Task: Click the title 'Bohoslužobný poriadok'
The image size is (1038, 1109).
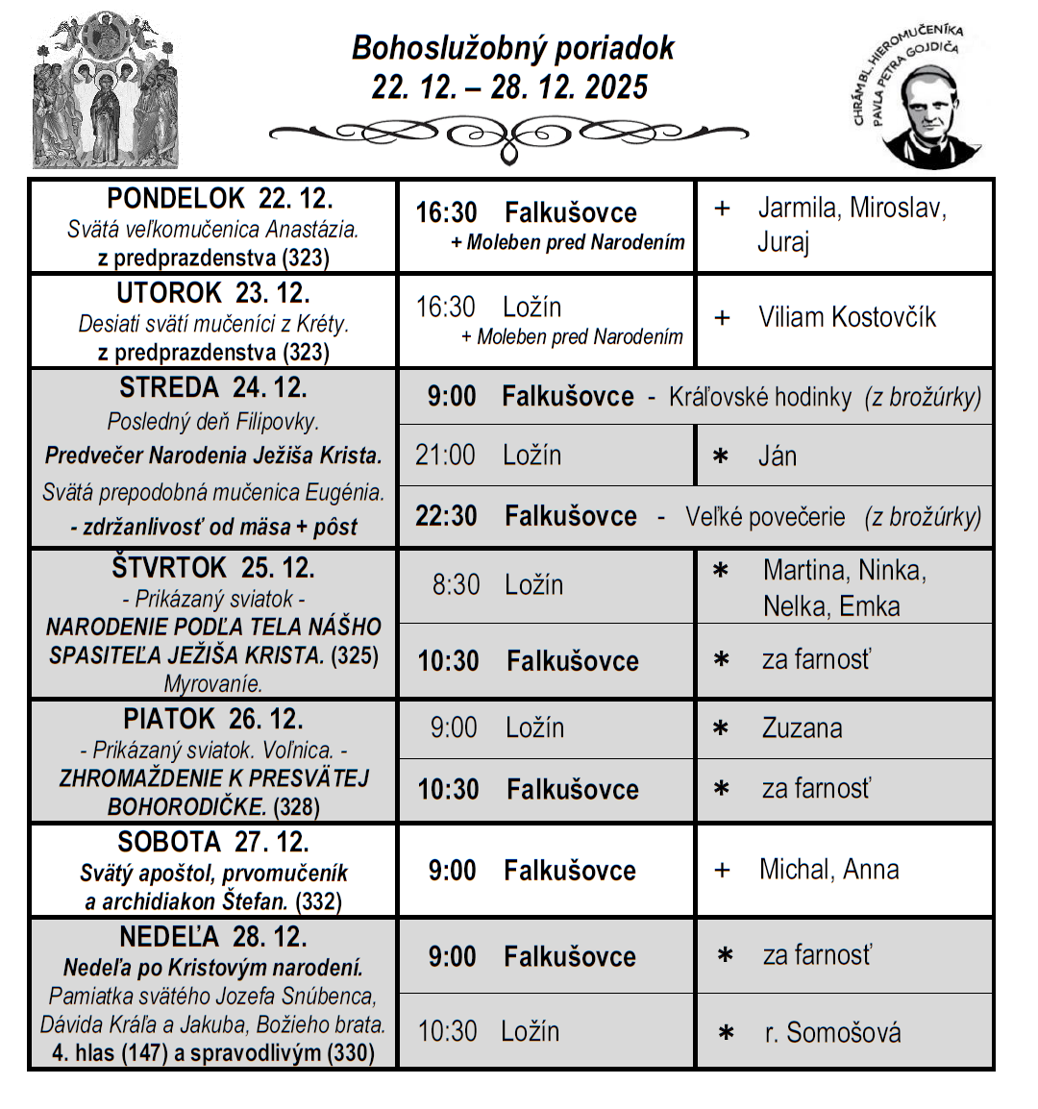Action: coord(512,48)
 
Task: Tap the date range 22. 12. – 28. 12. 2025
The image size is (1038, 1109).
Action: coord(509,87)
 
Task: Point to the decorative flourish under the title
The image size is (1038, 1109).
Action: coord(508,135)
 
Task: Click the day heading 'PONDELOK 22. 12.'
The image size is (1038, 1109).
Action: coord(219,199)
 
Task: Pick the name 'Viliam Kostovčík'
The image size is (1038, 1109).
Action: coord(847,317)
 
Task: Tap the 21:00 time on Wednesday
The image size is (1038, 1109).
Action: coord(445,455)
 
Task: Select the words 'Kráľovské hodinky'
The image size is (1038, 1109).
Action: coord(760,397)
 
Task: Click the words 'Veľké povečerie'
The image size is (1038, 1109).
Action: coord(765,517)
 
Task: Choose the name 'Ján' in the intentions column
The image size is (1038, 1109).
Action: coord(778,456)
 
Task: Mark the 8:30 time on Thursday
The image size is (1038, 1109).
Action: coord(456,584)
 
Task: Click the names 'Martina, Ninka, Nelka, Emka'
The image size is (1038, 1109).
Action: coord(843,588)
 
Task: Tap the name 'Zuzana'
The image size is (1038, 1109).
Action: coord(802,728)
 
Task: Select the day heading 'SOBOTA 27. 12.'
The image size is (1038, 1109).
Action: coord(213,842)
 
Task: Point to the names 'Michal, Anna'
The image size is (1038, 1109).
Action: coord(828,870)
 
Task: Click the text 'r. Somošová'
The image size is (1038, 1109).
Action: coord(832,1033)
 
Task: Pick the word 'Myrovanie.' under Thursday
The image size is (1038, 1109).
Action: coord(213,684)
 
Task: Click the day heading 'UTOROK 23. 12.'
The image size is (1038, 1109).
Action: coord(213,293)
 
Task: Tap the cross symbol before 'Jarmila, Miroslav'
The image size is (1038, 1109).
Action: coord(723,209)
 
